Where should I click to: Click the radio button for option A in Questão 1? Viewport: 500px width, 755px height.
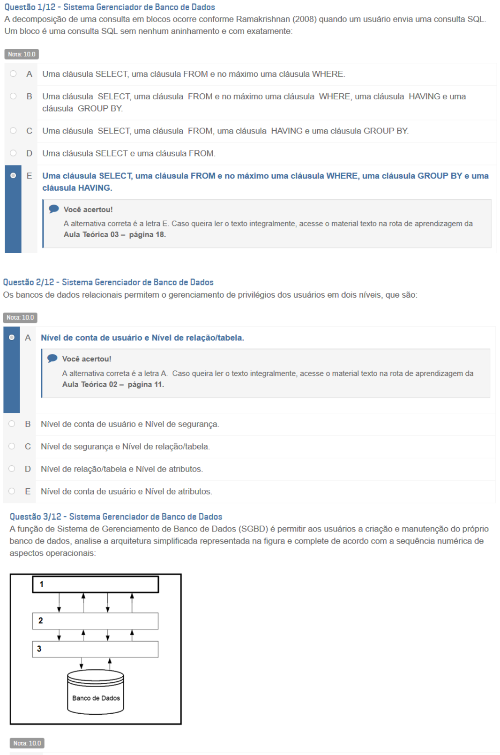pos(13,74)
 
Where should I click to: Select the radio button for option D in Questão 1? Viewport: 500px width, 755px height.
pos(13,153)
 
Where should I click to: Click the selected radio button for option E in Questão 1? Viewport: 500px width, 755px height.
pos(13,175)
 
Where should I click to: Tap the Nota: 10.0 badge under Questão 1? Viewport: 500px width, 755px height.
pos(22,54)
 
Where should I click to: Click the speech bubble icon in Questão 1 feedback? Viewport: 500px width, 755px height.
pos(54,209)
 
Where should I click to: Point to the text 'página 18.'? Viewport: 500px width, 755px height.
pos(147,234)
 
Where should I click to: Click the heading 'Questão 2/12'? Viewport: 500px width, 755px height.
pos(28,282)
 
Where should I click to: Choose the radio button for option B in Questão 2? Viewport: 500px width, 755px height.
pos(12,424)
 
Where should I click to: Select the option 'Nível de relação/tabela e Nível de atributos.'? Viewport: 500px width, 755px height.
pos(121,469)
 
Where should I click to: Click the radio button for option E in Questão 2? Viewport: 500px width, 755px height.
pos(12,491)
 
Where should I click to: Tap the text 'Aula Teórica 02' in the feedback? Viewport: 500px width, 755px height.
pos(90,384)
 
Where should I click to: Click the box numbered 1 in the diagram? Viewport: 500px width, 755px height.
pos(96,584)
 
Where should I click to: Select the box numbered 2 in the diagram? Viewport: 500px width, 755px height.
pos(96,620)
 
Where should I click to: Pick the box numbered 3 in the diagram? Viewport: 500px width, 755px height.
pos(96,649)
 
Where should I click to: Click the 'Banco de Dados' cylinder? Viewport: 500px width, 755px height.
pos(96,693)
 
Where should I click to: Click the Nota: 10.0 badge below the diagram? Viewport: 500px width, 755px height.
pos(27,743)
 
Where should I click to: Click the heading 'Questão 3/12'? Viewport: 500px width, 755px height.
pos(35,516)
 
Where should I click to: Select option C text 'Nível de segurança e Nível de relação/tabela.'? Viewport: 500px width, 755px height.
pos(125,446)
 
